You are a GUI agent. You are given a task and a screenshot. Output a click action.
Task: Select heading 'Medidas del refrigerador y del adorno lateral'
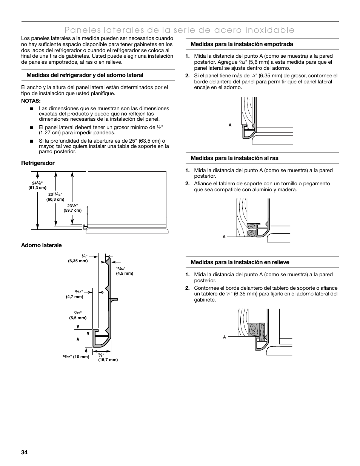tap(85, 75)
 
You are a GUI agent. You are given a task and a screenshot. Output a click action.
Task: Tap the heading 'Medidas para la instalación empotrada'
tap(242, 44)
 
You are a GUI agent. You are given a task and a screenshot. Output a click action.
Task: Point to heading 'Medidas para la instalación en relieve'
tap(240, 262)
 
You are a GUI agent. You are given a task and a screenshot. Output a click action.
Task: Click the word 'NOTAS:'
tap(31, 101)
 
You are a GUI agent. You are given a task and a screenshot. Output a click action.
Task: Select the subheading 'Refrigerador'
tap(38, 163)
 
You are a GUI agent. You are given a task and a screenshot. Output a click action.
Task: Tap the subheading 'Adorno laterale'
tap(42, 245)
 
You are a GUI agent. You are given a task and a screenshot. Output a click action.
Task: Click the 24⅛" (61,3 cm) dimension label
tap(37, 185)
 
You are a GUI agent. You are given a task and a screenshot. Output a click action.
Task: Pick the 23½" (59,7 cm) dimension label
tap(72, 208)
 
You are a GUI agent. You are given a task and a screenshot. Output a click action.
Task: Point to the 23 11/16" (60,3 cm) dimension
tap(55, 197)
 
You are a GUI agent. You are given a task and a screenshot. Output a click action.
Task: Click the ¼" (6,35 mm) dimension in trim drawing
tap(78, 258)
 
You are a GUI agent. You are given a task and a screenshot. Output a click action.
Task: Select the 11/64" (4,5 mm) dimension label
tap(125, 271)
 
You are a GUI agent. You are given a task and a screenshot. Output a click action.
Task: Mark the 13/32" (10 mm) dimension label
tap(76, 357)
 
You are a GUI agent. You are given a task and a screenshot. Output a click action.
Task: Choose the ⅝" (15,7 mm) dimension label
tap(108, 357)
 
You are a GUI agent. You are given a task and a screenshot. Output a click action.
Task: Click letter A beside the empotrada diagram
tap(230, 125)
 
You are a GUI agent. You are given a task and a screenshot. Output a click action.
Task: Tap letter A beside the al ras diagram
tap(224, 237)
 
